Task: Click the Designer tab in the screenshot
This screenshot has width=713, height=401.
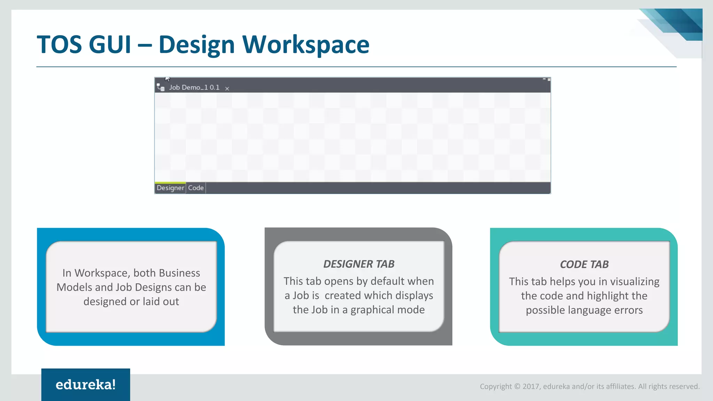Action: (170, 188)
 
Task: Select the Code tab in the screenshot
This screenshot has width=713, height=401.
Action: (196, 188)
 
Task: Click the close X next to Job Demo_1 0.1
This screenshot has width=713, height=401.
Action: (227, 88)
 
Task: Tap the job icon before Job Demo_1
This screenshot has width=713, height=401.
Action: (160, 87)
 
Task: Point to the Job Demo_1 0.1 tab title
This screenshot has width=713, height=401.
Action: (194, 87)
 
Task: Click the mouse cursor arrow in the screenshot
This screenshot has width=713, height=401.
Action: (167, 79)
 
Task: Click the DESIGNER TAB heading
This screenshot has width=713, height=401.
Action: (359, 264)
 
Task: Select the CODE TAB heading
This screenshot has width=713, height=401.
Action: (584, 264)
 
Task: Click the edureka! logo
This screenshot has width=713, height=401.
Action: (86, 385)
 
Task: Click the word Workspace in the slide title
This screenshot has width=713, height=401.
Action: (306, 45)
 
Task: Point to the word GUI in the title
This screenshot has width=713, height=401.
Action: (110, 45)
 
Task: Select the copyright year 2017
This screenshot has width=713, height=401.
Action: (531, 386)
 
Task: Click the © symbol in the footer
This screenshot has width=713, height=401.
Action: (517, 386)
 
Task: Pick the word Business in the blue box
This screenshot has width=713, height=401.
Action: (179, 273)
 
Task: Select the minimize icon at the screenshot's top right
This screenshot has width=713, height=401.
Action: (544, 79)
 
